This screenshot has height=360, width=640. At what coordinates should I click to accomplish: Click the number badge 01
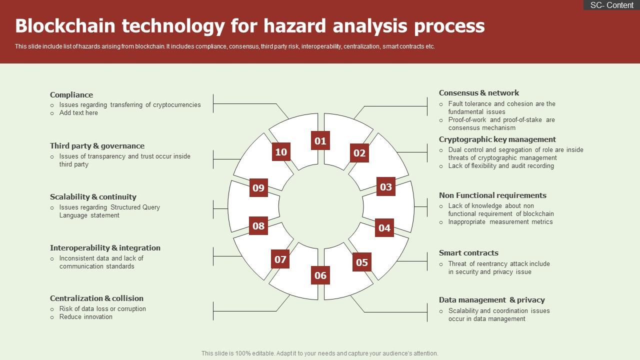320,141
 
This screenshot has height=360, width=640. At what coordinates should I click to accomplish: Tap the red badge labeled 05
362,262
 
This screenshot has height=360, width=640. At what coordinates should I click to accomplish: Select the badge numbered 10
281,152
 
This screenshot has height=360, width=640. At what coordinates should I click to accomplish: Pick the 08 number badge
258,226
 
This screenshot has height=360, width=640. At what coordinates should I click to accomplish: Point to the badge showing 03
385,187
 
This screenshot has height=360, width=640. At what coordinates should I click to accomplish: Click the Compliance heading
71,95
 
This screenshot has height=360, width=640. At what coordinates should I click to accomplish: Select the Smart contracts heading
468,253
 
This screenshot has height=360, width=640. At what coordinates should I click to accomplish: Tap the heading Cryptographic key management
497,139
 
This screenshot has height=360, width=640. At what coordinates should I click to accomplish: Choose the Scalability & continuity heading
93,197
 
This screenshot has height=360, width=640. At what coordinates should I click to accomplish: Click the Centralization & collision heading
96,298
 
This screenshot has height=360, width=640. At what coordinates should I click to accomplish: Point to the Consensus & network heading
479,93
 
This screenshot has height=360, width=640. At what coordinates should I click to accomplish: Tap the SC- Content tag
611,5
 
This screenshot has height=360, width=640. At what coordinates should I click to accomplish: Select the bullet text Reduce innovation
86,317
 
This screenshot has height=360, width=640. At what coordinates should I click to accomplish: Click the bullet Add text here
78,113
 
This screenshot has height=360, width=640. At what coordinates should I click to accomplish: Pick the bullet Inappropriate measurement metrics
500,222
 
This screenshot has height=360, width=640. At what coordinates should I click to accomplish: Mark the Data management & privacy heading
491,300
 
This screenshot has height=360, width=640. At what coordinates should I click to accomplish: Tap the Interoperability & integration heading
105,248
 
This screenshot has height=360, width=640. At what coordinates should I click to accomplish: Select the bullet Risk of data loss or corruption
102,309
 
